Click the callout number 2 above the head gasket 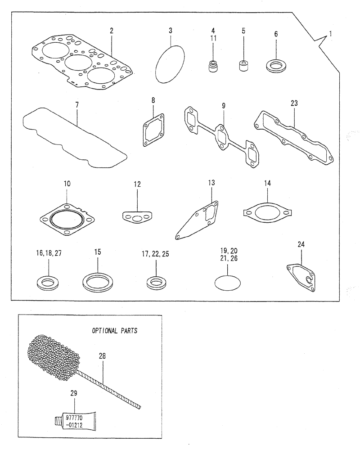point(112,31)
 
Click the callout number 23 point(294,103)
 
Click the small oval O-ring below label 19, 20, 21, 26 point(228,283)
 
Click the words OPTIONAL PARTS point(115,330)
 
